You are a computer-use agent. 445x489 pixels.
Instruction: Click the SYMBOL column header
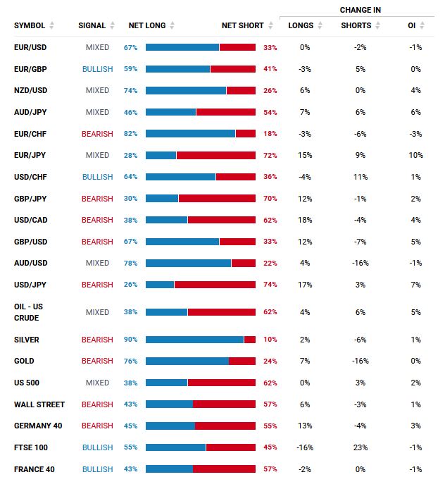pyautogui.click(x=30, y=25)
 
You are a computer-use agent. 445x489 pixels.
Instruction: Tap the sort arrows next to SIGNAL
pyautogui.click(x=113, y=25)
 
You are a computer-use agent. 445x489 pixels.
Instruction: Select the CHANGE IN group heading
pyautogui.click(x=361, y=10)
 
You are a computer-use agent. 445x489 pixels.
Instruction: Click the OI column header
pyautogui.click(x=412, y=25)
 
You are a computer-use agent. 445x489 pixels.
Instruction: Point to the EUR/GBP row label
pyautogui.click(x=30, y=69)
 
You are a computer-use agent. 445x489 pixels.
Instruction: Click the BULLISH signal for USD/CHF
pyautogui.click(x=98, y=177)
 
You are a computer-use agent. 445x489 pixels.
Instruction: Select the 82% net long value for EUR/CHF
pyautogui.click(x=130, y=134)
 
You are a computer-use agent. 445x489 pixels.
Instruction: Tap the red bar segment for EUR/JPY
pyautogui.click(x=216, y=155)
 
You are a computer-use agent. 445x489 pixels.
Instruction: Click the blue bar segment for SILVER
pyautogui.click(x=195, y=340)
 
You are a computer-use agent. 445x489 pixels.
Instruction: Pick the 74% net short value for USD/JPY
pyautogui.click(x=270, y=285)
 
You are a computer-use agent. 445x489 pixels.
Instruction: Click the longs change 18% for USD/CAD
pyautogui.click(x=305, y=220)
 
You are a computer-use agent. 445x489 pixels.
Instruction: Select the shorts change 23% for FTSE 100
pyautogui.click(x=361, y=447)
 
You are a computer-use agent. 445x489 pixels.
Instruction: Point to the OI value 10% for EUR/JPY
pyautogui.click(x=415, y=155)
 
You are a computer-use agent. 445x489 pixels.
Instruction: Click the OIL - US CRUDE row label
pyautogui.click(x=28, y=312)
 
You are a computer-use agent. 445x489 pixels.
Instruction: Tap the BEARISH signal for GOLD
pyautogui.click(x=97, y=361)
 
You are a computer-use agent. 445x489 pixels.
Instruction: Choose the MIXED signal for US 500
pyautogui.click(x=98, y=383)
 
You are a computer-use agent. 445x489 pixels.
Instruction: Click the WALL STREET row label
pyautogui.click(x=39, y=404)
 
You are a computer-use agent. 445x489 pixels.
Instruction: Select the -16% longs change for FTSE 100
pyautogui.click(x=305, y=447)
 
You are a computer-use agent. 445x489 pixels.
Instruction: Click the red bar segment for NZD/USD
pyautogui.click(x=242, y=91)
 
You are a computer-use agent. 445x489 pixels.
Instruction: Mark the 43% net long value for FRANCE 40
pyautogui.click(x=130, y=469)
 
